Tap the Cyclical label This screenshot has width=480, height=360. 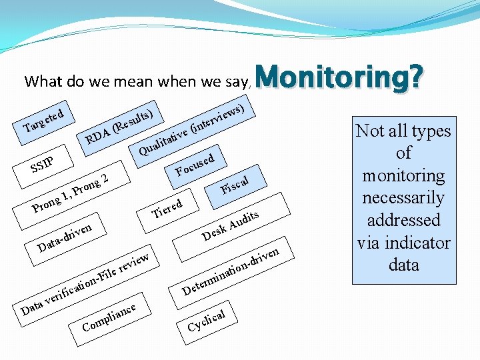click(x=207, y=319)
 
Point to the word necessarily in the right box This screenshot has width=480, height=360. click(x=403, y=198)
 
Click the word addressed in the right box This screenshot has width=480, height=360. click(x=403, y=220)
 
